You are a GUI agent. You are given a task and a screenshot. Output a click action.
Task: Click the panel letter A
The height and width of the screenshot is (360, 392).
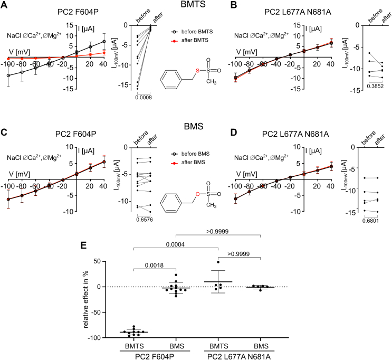tap(4, 5)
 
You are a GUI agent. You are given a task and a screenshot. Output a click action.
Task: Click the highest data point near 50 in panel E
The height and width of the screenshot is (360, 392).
tap(218, 262)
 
